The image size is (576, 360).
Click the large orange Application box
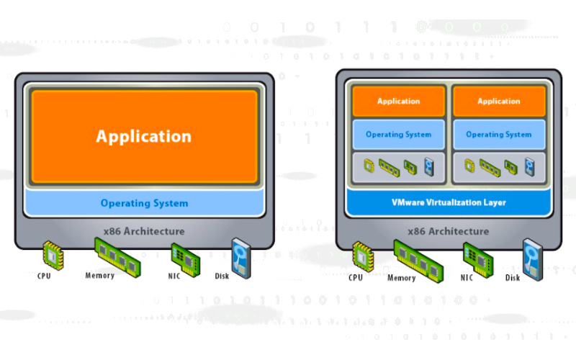144,136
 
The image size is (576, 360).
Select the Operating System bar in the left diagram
144,203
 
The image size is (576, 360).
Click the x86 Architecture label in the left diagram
144,231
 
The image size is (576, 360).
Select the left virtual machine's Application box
398,102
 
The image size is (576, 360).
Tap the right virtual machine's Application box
498,102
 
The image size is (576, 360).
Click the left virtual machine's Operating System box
398,135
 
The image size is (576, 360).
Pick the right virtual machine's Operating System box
498,135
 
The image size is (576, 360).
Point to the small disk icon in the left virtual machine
430,166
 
